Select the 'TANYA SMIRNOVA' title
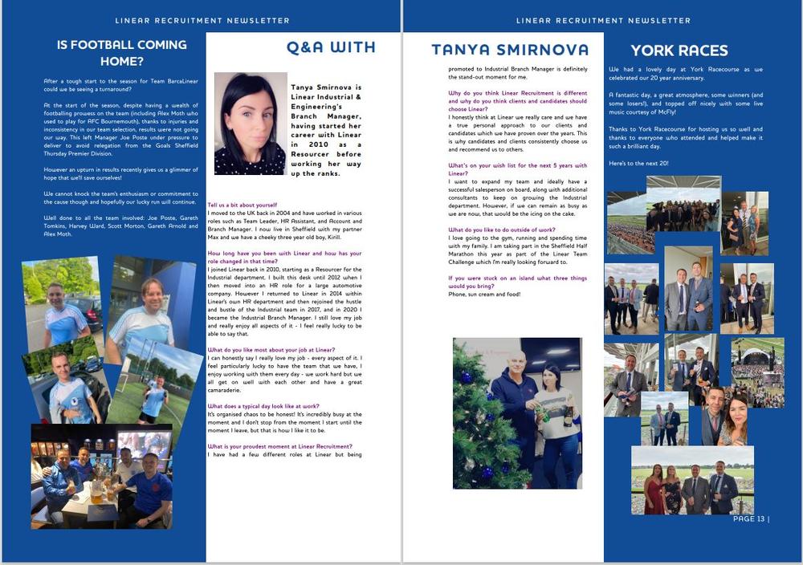tap(509, 50)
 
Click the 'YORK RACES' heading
tap(679, 51)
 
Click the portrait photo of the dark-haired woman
tap(250, 123)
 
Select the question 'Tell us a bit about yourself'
tap(243, 205)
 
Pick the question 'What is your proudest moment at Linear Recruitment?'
tap(279, 446)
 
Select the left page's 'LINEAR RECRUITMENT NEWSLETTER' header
tap(202, 20)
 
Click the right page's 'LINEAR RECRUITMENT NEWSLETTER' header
tap(603, 20)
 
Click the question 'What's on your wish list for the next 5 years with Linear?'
tap(516, 169)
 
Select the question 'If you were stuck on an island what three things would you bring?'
tap(516, 281)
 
